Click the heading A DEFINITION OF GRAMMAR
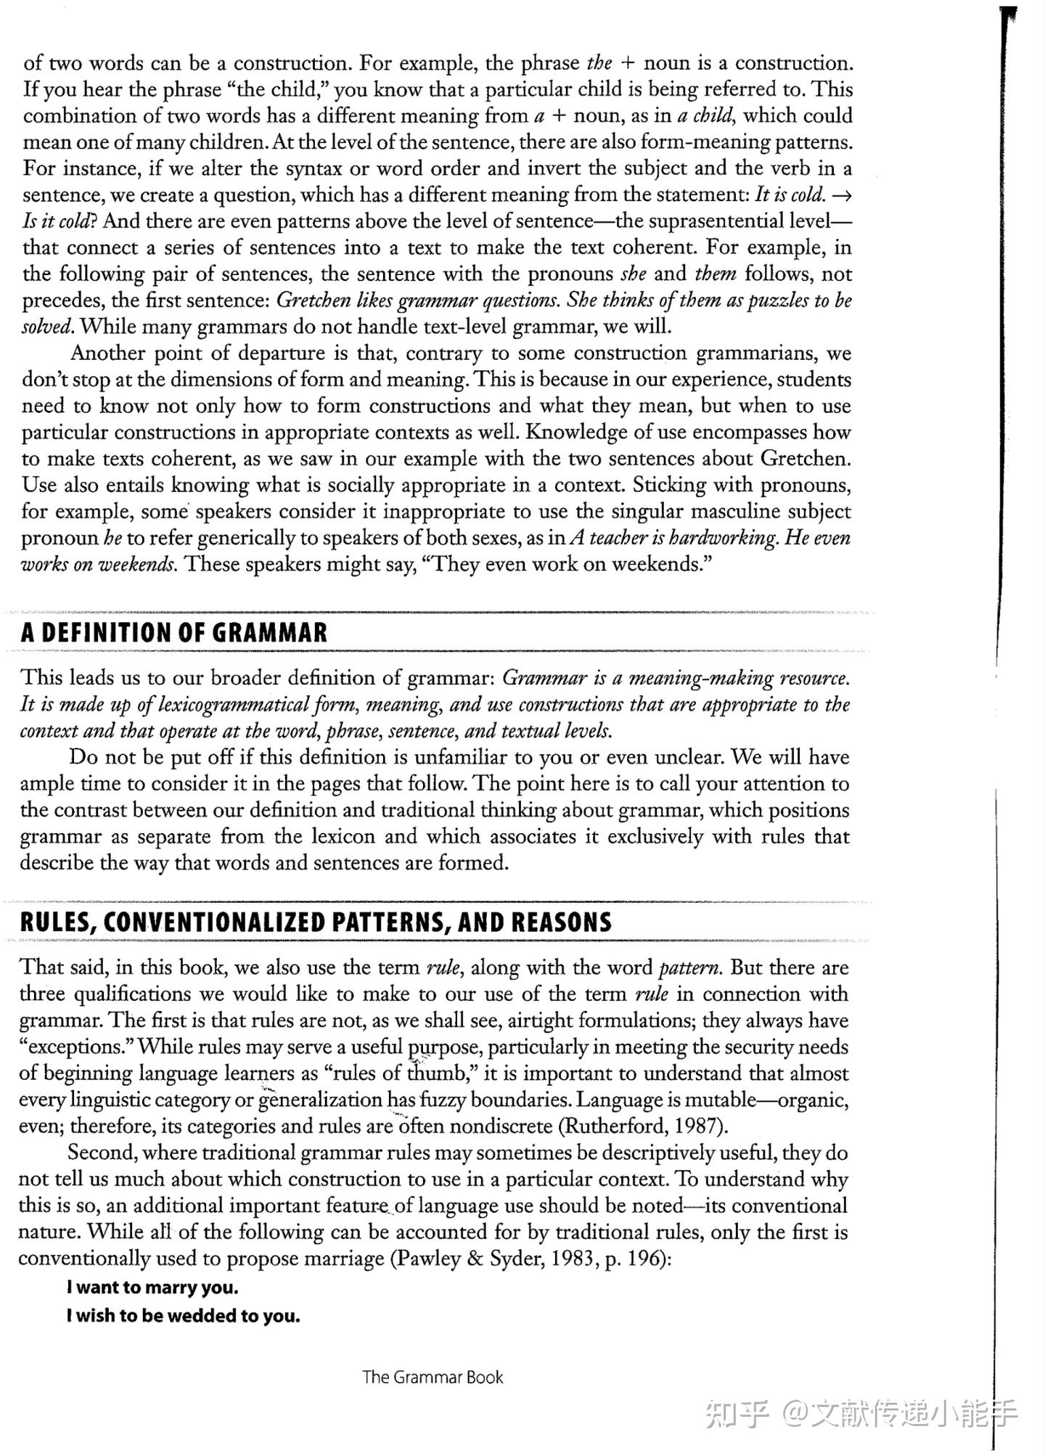174,632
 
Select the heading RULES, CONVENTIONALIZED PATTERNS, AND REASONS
316,922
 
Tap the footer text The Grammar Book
433,1377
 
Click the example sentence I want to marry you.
152,1288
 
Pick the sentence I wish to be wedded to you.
183,1316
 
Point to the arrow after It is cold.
843,195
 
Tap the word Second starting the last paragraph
101,1153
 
